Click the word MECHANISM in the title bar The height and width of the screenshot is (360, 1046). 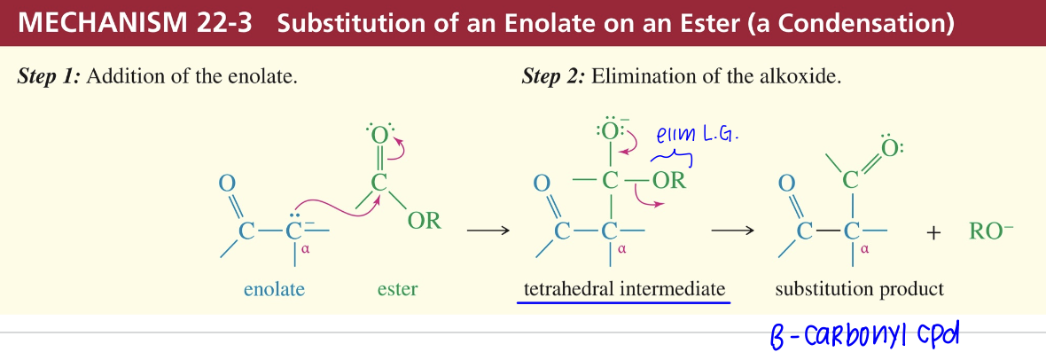[97, 23]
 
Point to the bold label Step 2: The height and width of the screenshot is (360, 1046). [553, 77]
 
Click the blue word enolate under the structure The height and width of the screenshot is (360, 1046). [274, 289]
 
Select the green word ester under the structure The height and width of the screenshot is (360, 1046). [398, 289]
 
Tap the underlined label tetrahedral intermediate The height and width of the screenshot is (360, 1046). [624, 289]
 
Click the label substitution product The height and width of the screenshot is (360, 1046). [859, 289]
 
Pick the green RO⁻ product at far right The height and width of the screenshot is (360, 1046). [991, 231]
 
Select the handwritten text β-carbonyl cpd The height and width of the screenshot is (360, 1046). [864, 334]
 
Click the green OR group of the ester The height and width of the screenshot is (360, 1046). [425, 221]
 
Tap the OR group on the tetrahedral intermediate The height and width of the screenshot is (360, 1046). [669, 181]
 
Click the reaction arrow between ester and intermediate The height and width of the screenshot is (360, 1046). [488, 231]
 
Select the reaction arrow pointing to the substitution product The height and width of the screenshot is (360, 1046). [732, 231]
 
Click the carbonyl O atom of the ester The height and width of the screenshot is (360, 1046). [379, 135]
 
